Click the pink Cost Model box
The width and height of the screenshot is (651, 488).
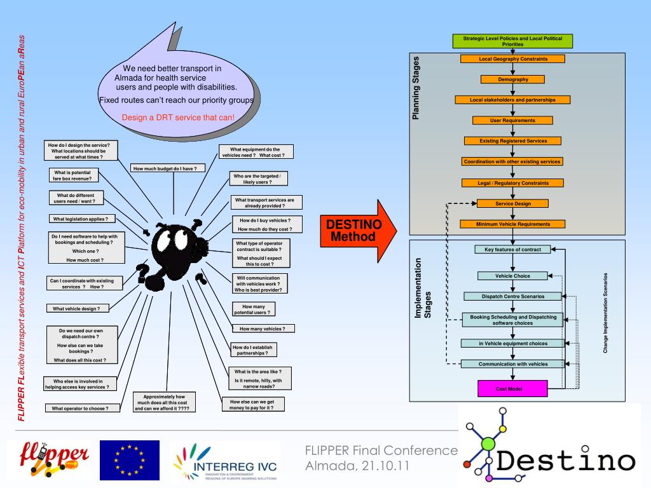coord(512,388)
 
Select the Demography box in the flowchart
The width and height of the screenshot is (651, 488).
coord(512,79)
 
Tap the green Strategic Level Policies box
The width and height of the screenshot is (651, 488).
coord(512,41)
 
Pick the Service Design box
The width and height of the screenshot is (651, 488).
coord(512,203)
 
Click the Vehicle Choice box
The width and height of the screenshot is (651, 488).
coord(512,276)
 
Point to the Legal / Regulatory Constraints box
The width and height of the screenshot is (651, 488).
coord(512,183)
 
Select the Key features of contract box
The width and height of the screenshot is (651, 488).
coord(512,250)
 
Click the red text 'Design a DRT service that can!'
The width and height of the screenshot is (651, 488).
coord(178,118)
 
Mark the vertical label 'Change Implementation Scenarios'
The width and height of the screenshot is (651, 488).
coord(605,313)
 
